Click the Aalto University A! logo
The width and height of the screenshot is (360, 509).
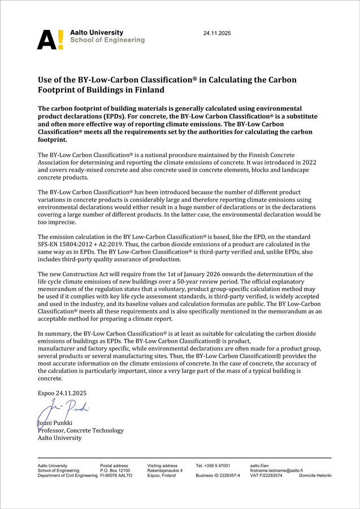(x=50, y=39)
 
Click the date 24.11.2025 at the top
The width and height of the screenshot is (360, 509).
(x=217, y=34)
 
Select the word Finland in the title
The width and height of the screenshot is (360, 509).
(x=147, y=90)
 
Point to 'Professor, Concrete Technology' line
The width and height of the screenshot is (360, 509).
(x=80, y=430)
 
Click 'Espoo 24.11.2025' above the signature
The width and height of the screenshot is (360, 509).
(x=62, y=393)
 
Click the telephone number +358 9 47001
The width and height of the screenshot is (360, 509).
(x=213, y=466)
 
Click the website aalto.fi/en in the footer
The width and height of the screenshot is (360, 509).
(x=259, y=466)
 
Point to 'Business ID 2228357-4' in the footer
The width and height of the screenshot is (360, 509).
(x=218, y=476)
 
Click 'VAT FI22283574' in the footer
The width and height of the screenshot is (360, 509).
(x=266, y=476)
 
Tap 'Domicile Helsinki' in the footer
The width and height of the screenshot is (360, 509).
(x=315, y=476)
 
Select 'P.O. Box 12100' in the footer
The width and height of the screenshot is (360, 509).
(x=115, y=471)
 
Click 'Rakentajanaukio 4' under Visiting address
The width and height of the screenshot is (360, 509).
(x=165, y=471)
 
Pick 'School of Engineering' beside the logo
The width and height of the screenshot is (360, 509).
(x=107, y=40)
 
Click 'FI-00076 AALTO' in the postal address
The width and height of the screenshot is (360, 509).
(x=116, y=476)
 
